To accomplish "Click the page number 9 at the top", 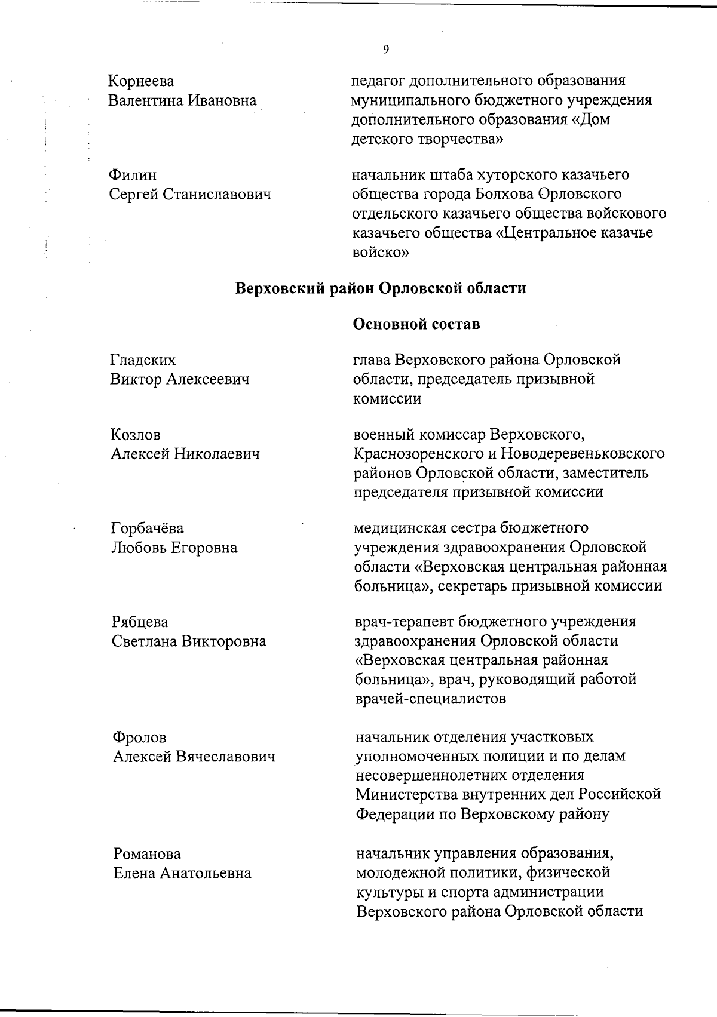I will click(386, 50).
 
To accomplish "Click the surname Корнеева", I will click(141, 81).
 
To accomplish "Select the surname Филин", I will click(133, 175).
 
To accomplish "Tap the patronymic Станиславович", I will click(217, 194).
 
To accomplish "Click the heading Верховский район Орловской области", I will click(381, 288).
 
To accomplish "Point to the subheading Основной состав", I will click(416, 324).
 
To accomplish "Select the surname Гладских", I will click(143, 360).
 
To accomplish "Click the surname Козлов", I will click(136, 435).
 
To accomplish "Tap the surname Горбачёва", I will click(148, 529).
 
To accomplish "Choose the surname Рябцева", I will click(140, 622).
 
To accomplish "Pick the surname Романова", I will click(147, 854).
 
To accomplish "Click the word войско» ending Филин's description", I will click(381, 252).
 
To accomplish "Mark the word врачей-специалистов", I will click(430, 699).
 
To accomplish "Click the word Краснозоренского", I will click(419, 454).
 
